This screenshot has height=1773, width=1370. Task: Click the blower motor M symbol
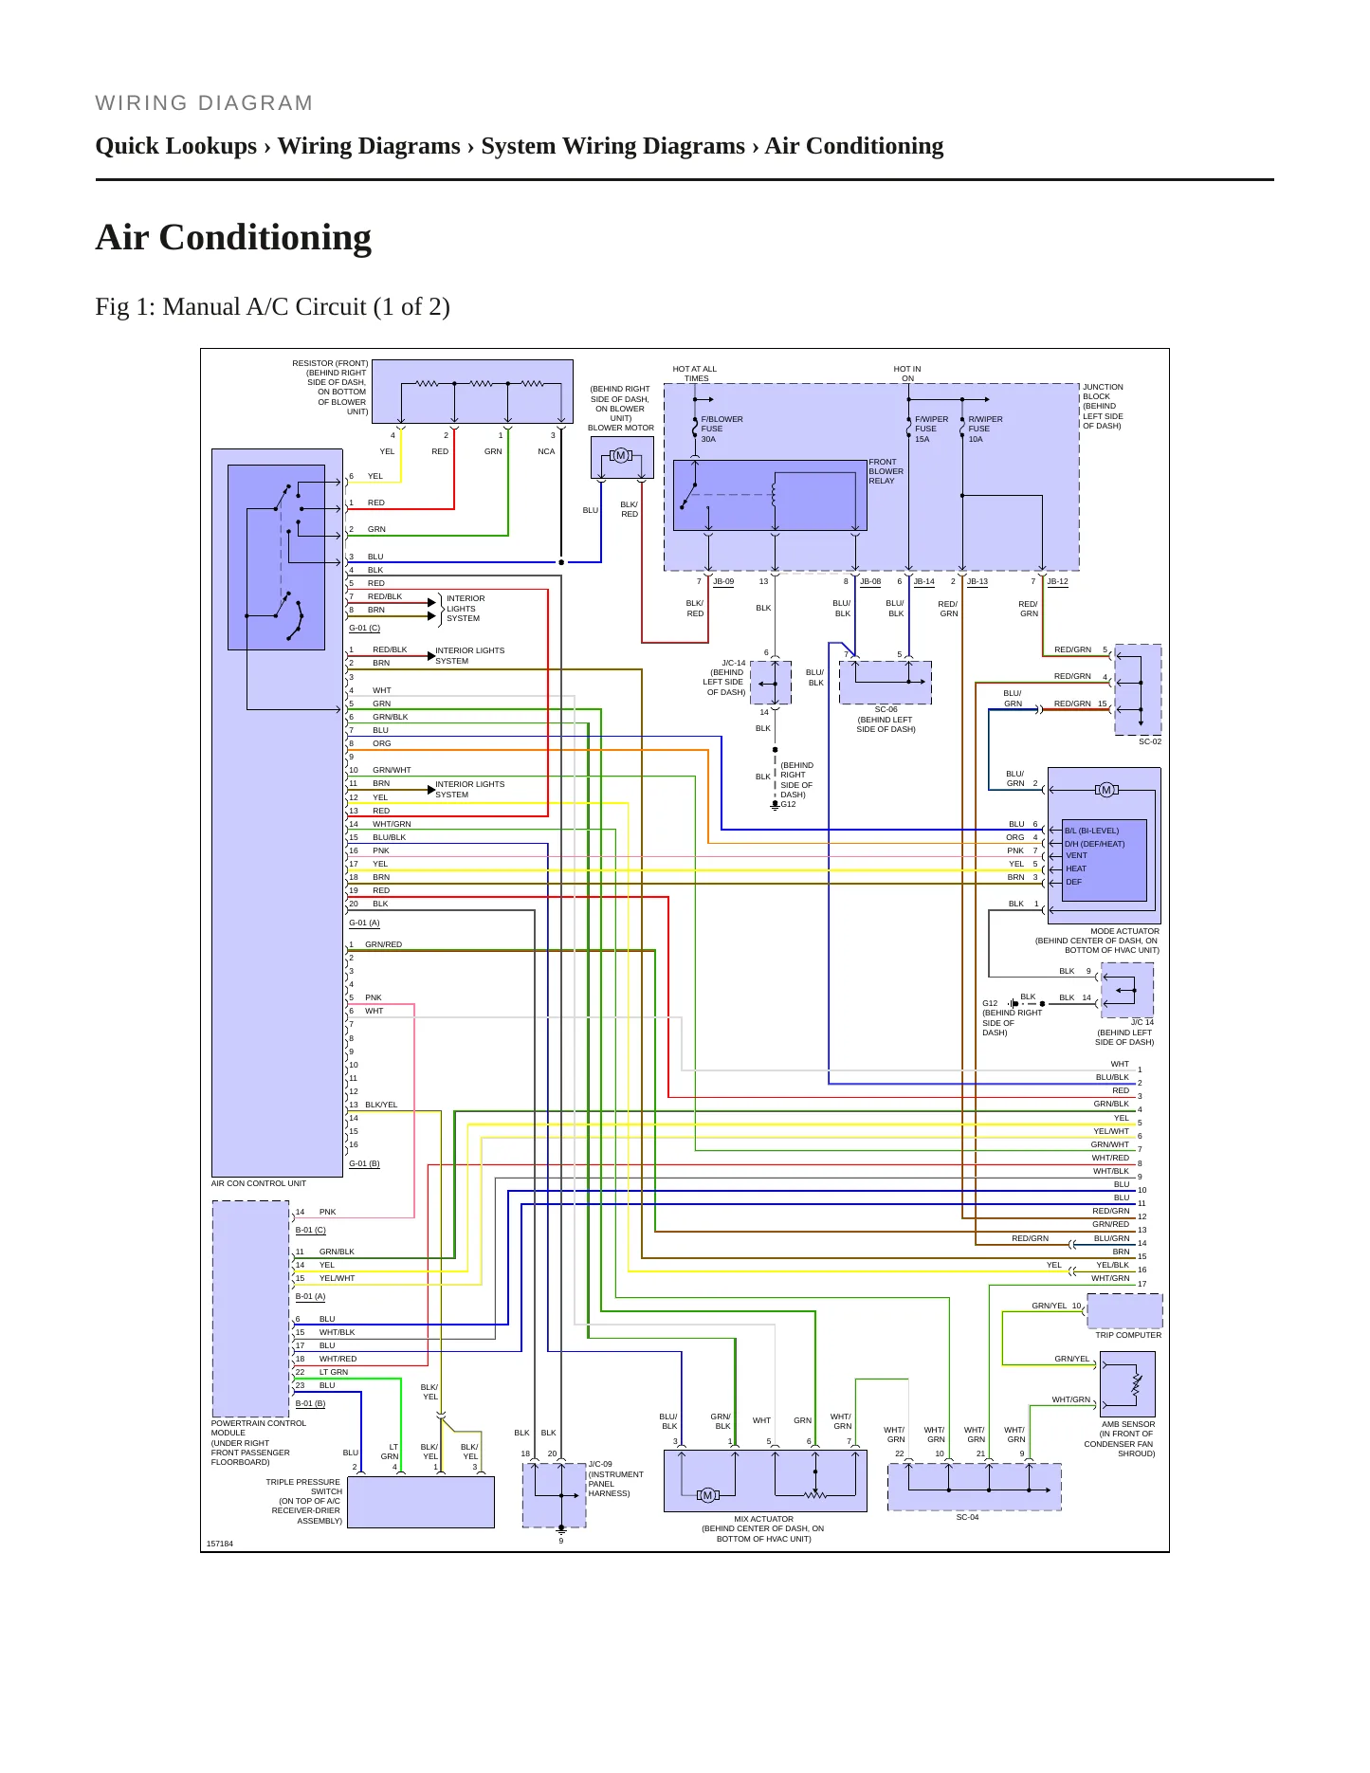621,456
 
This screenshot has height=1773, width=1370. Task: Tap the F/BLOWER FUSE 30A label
722,430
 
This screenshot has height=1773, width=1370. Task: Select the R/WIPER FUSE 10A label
985,430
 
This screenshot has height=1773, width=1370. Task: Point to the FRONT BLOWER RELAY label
886,471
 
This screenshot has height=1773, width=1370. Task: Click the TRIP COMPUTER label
1128,1335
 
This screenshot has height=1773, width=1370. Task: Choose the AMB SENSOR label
1128,1424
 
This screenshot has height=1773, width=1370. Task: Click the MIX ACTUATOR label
764,1519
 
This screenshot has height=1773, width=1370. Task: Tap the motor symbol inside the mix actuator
707,1495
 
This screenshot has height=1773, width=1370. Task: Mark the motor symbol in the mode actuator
1105,790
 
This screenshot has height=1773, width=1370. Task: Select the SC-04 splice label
967,1517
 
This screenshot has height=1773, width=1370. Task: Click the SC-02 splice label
1150,741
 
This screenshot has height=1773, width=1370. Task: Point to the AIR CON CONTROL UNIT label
259,1183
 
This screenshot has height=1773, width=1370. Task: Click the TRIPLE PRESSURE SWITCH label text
303,1487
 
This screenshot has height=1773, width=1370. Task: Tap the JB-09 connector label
723,581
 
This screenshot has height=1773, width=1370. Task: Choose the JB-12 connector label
1057,581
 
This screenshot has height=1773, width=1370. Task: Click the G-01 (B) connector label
364,1163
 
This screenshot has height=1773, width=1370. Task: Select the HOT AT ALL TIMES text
695,374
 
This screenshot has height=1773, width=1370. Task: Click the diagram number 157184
220,1544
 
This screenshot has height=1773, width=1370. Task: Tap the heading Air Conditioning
233,237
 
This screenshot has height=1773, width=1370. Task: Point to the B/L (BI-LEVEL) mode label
1091,831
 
